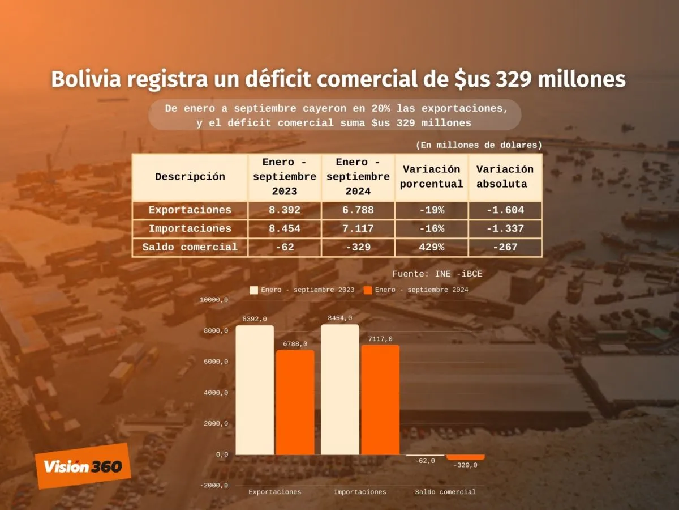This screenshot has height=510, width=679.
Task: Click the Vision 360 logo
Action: pyautogui.click(x=83, y=466)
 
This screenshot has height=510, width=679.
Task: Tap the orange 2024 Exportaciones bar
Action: pyautogui.click(x=295, y=402)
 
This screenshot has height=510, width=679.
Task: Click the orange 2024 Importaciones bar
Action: pyautogui.click(x=380, y=399)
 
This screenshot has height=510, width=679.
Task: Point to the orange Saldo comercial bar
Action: pyautogui.click(x=465, y=457)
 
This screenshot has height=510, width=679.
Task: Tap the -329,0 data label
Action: pyautogui.click(x=465, y=465)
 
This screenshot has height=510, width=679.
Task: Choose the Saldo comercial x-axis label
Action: pyautogui.click(x=445, y=492)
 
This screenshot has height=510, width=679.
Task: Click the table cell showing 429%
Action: pyautogui.click(x=431, y=247)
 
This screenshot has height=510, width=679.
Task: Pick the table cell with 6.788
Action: pyautogui.click(x=358, y=210)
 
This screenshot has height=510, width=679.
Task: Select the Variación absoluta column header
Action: pyautogui.click(x=505, y=177)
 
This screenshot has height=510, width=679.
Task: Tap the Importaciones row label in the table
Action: pyautogui.click(x=190, y=229)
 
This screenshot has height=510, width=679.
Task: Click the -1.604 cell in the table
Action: pyautogui.click(x=505, y=210)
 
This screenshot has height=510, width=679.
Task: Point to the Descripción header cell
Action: pyautogui.click(x=190, y=177)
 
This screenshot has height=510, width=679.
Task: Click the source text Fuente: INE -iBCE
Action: pyautogui.click(x=437, y=274)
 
